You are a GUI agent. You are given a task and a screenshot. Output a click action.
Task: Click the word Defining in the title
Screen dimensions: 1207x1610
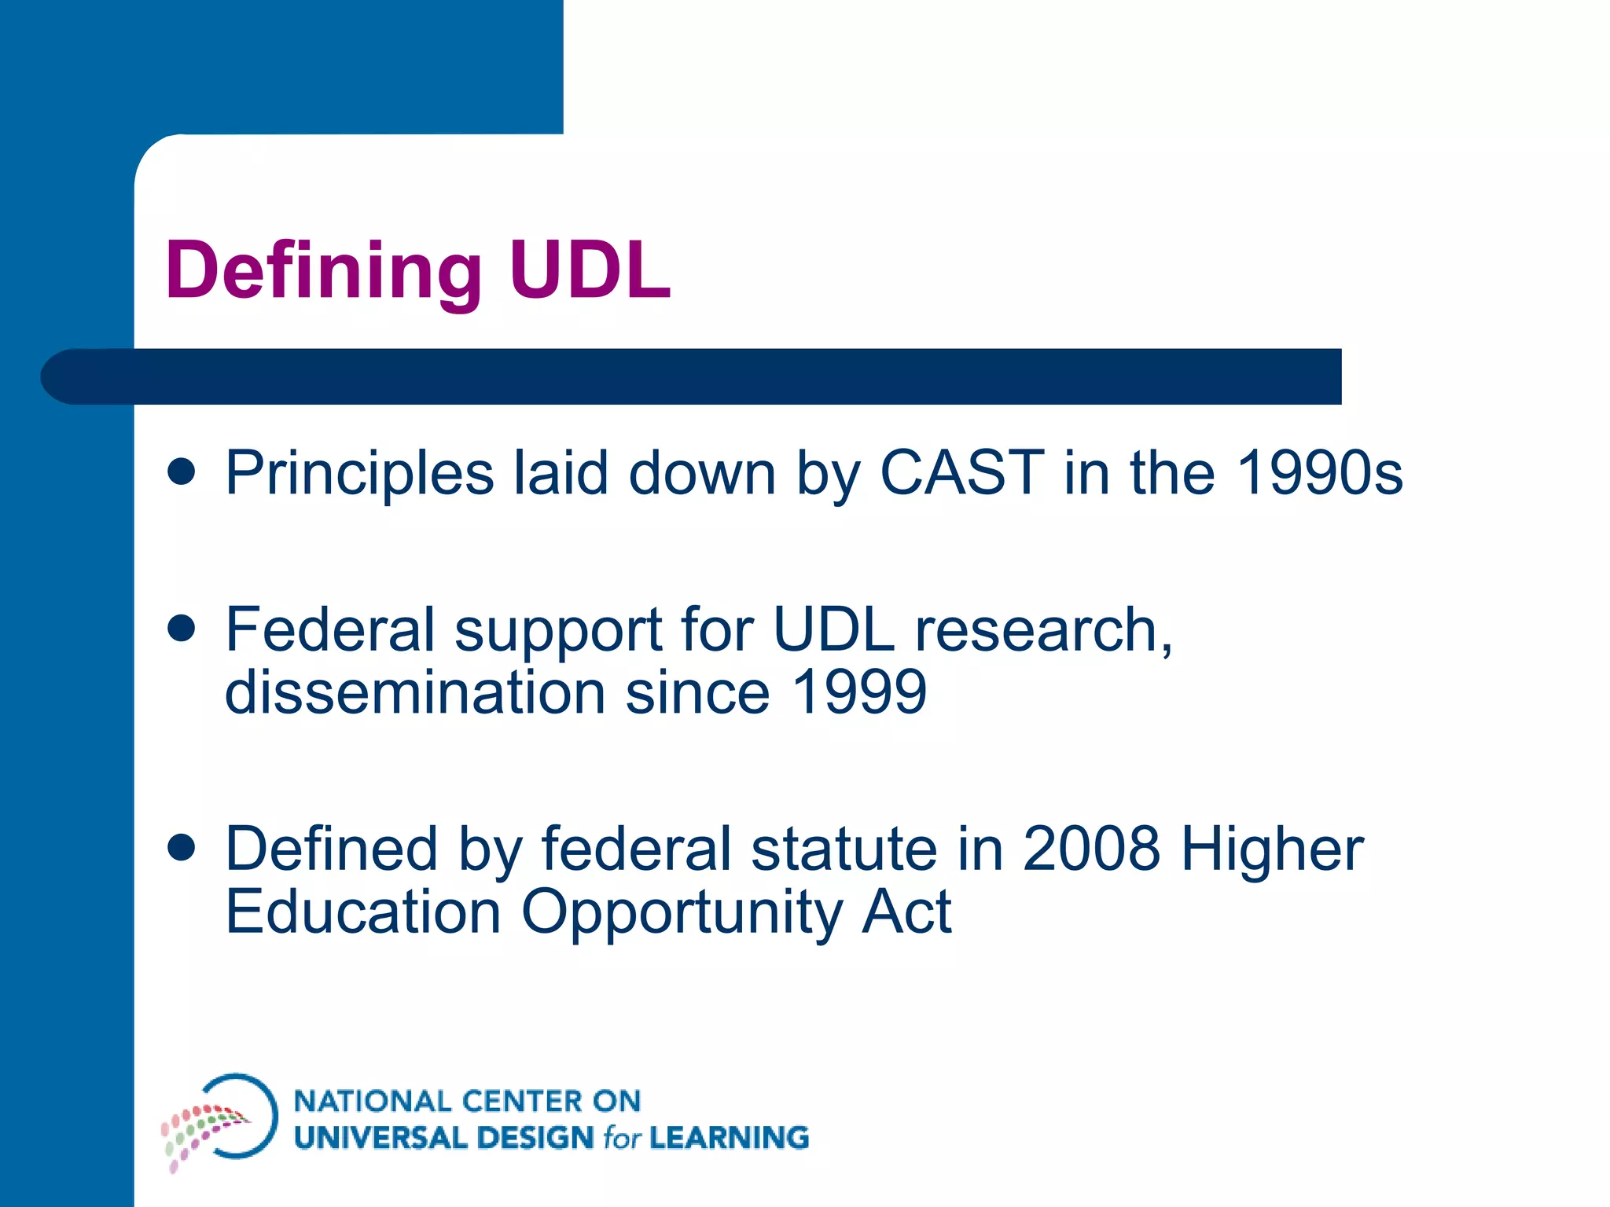tap(323, 271)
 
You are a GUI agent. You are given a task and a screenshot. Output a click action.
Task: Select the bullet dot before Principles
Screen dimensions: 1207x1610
tap(182, 471)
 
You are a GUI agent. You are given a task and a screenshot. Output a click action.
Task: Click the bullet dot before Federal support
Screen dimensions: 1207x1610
tap(182, 629)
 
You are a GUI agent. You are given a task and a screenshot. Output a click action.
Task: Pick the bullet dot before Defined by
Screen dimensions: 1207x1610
tap(182, 848)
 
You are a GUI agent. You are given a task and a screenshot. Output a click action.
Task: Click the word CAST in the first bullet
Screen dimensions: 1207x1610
tap(961, 473)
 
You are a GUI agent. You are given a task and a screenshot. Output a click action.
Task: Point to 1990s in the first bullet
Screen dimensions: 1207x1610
tap(1319, 473)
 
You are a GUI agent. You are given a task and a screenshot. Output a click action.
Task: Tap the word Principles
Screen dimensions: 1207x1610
tap(359, 475)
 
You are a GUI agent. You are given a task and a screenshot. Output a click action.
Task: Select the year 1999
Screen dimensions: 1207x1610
tap(859, 692)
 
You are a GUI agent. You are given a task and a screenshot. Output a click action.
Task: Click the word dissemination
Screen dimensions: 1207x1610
tap(415, 692)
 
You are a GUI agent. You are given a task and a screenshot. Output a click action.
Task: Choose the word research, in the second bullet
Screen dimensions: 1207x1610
tap(1043, 630)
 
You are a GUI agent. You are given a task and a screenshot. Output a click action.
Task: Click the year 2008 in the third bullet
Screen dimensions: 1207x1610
tap(1090, 849)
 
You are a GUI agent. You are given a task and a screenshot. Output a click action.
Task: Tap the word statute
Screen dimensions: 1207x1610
tap(844, 849)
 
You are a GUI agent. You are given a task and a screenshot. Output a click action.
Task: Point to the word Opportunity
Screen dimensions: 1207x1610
tap(681, 914)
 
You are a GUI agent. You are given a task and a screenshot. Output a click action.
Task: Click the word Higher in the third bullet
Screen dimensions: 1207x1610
tap(1271, 851)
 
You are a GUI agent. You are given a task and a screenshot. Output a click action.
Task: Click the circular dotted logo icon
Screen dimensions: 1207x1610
tap(220, 1120)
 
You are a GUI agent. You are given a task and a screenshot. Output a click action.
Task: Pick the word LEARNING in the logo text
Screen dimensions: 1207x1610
tap(729, 1138)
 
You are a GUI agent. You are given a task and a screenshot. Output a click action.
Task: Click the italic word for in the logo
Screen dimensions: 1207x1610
tap(622, 1138)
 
